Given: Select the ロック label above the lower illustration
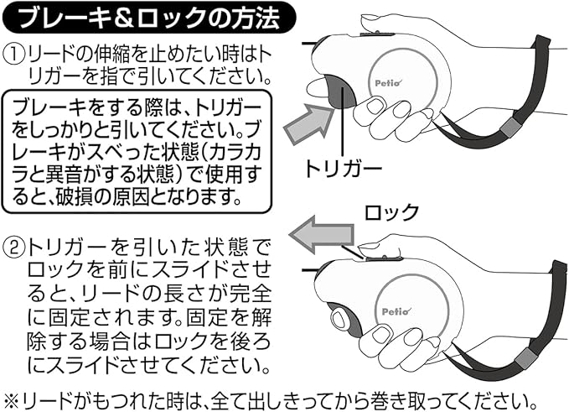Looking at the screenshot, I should click(390, 211).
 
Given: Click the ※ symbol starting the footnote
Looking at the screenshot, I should click(12, 396).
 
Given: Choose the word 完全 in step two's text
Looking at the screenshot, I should click(251, 296).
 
